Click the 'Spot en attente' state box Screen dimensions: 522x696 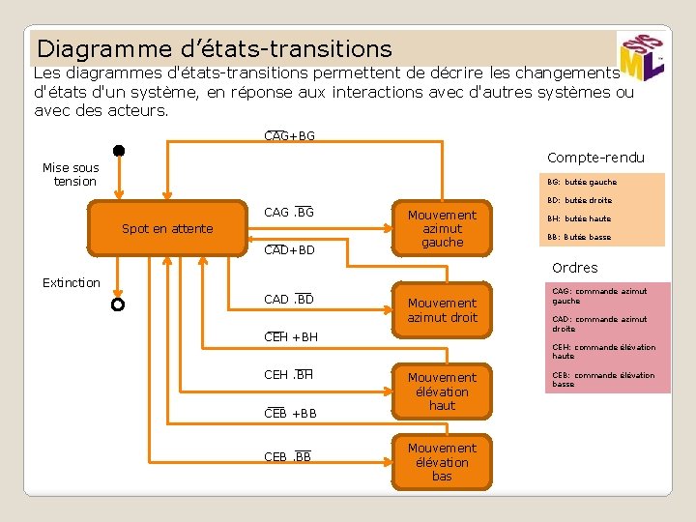[167, 229]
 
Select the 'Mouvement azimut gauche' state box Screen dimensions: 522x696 [442, 229]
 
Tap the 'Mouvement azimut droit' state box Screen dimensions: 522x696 [442, 310]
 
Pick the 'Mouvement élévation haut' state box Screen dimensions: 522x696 [442, 391]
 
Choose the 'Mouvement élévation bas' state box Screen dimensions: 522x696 [442, 462]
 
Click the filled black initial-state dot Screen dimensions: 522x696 [118, 151]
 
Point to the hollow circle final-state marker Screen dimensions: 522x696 [118, 304]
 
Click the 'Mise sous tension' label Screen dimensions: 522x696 [71, 175]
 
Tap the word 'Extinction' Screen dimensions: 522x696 [71, 282]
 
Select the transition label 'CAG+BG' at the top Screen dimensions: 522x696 [289, 136]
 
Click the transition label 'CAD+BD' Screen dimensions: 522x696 [289, 250]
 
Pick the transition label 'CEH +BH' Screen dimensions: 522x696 [290, 337]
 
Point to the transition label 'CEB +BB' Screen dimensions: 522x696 [290, 414]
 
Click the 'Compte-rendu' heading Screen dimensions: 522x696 [595, 158]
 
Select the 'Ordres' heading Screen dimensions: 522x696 [575, 268]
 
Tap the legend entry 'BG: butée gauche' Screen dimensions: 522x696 [582, 182]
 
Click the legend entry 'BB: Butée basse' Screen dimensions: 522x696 [579, 237]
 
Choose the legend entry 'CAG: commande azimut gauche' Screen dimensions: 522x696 [599, 296]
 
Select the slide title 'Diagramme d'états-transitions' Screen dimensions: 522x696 [215, 48]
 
